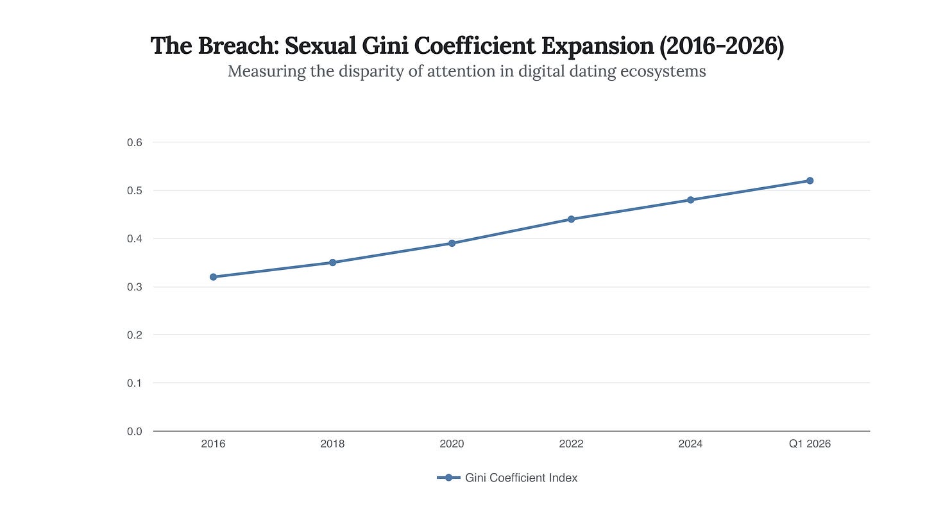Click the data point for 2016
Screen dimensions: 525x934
click(x=213, y=277)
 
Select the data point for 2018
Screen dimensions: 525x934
click(x=332, y=262)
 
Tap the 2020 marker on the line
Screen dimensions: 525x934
click(x=452, y=243)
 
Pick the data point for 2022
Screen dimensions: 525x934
click(x=571, y=219)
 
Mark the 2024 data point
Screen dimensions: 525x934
click(x=690, y=200)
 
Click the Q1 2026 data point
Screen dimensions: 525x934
click(x=810, y=181)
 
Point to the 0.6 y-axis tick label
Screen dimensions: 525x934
click(x=134, y=142)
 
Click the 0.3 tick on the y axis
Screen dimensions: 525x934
click(x=134, y=287)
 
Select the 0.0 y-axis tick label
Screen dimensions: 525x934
click(x=134, y=431)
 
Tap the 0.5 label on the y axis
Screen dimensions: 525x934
click(x=134, y=191)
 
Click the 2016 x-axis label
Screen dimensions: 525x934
click(x=213, y=444)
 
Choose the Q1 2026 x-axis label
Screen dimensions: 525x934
click(x=810, y=444)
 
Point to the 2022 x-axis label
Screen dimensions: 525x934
click(x=571, y=444)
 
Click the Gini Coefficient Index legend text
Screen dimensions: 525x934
click(x=521, y=478)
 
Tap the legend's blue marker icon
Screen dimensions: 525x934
click(x=448, y=478)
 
